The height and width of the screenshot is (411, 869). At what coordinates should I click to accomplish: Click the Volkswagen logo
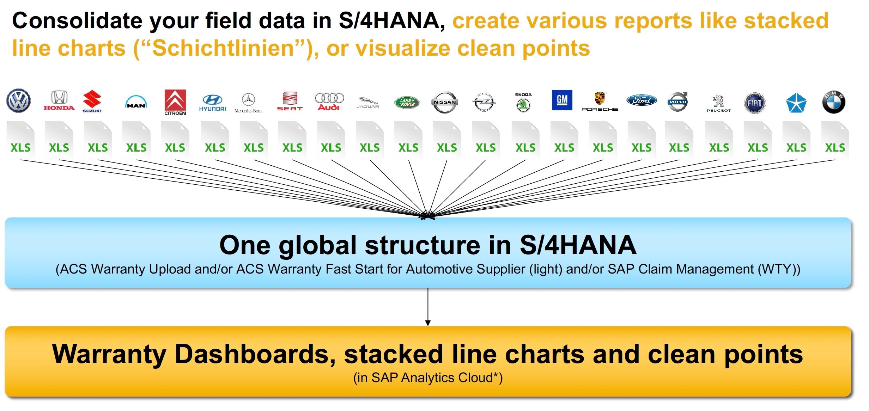tap(19, 101)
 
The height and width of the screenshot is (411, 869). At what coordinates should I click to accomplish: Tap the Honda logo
tap(59, 100)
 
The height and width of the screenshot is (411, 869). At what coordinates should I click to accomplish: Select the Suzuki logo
tap(92, 101)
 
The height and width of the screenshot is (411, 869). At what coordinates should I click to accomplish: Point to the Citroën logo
tap(175, 102)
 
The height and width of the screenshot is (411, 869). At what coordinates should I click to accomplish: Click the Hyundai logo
tap(213, 103)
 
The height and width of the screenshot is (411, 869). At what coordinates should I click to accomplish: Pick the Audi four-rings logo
tap(329, 102)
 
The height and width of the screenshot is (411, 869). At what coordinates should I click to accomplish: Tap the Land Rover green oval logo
tap(407, 102)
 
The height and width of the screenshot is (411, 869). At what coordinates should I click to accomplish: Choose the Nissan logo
tap(445, 102)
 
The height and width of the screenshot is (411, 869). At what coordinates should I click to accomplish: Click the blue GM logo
tap(562, 100)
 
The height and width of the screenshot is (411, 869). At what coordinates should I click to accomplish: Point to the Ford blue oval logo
tap(642, 100)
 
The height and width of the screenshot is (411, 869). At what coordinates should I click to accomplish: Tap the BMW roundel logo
tap(834, 102)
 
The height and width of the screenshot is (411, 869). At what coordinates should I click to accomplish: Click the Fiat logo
tap(755, 103)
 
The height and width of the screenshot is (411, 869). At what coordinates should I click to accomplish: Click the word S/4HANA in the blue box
tap(578, 245)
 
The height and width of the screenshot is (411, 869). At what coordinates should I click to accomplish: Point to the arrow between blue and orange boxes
tap(428, 307)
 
